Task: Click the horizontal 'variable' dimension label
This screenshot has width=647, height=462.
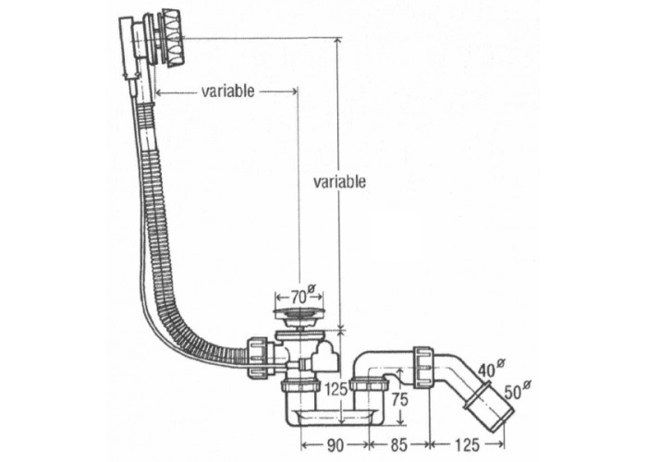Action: pyautogui.click(x=227, y=91)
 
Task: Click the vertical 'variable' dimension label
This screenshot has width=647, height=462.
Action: pyautogui.click(x=339, y=181)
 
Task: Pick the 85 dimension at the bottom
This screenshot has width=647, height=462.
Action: pyautogui.click(x=397, y=444)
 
